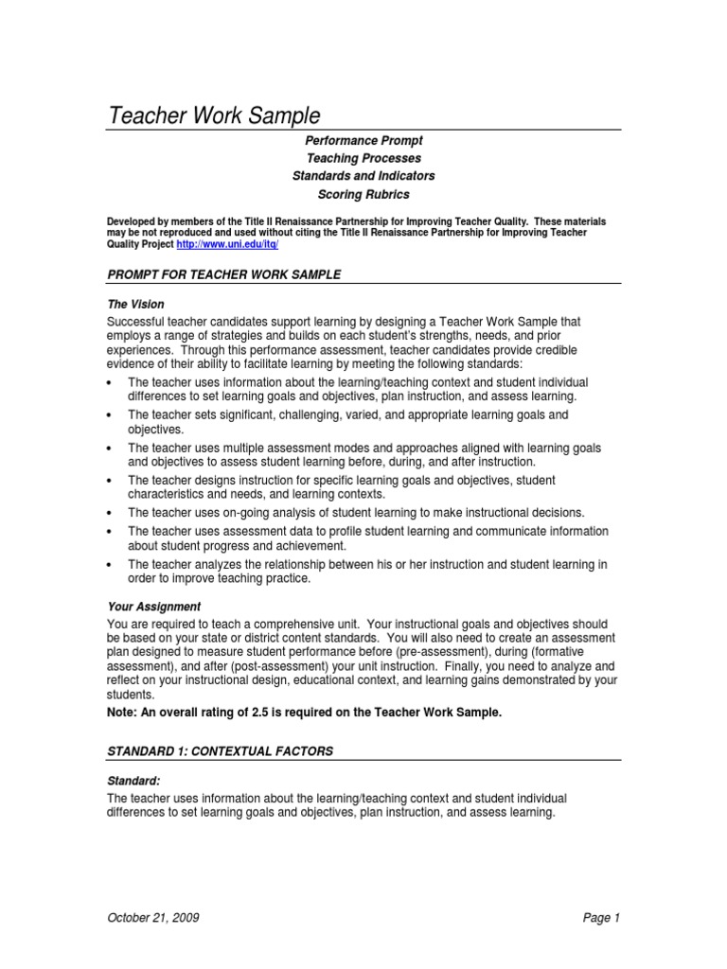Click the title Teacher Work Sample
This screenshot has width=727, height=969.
click(x=215, y=116)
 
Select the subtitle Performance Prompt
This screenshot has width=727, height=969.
click(x=363, y=140)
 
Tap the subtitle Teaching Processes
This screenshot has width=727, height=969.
click(x=363, y=158)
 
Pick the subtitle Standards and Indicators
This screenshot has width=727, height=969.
click(x=363, y=176)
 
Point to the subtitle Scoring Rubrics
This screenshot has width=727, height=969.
click(x=363, y=194)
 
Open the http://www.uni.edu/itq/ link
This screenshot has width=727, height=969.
click(x=228, y=244)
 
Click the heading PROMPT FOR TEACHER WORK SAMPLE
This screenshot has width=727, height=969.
click(x=223, y=274)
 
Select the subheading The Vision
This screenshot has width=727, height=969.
click(x=135, y=305)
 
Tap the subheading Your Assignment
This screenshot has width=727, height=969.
click(x=153, y=606)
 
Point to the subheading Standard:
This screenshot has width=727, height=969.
click(x=133, y=781)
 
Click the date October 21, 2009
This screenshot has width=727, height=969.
click(x=152, y=918)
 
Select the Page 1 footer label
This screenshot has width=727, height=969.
click(x=601, y=918)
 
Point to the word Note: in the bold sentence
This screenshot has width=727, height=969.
click(x=122, y=713)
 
